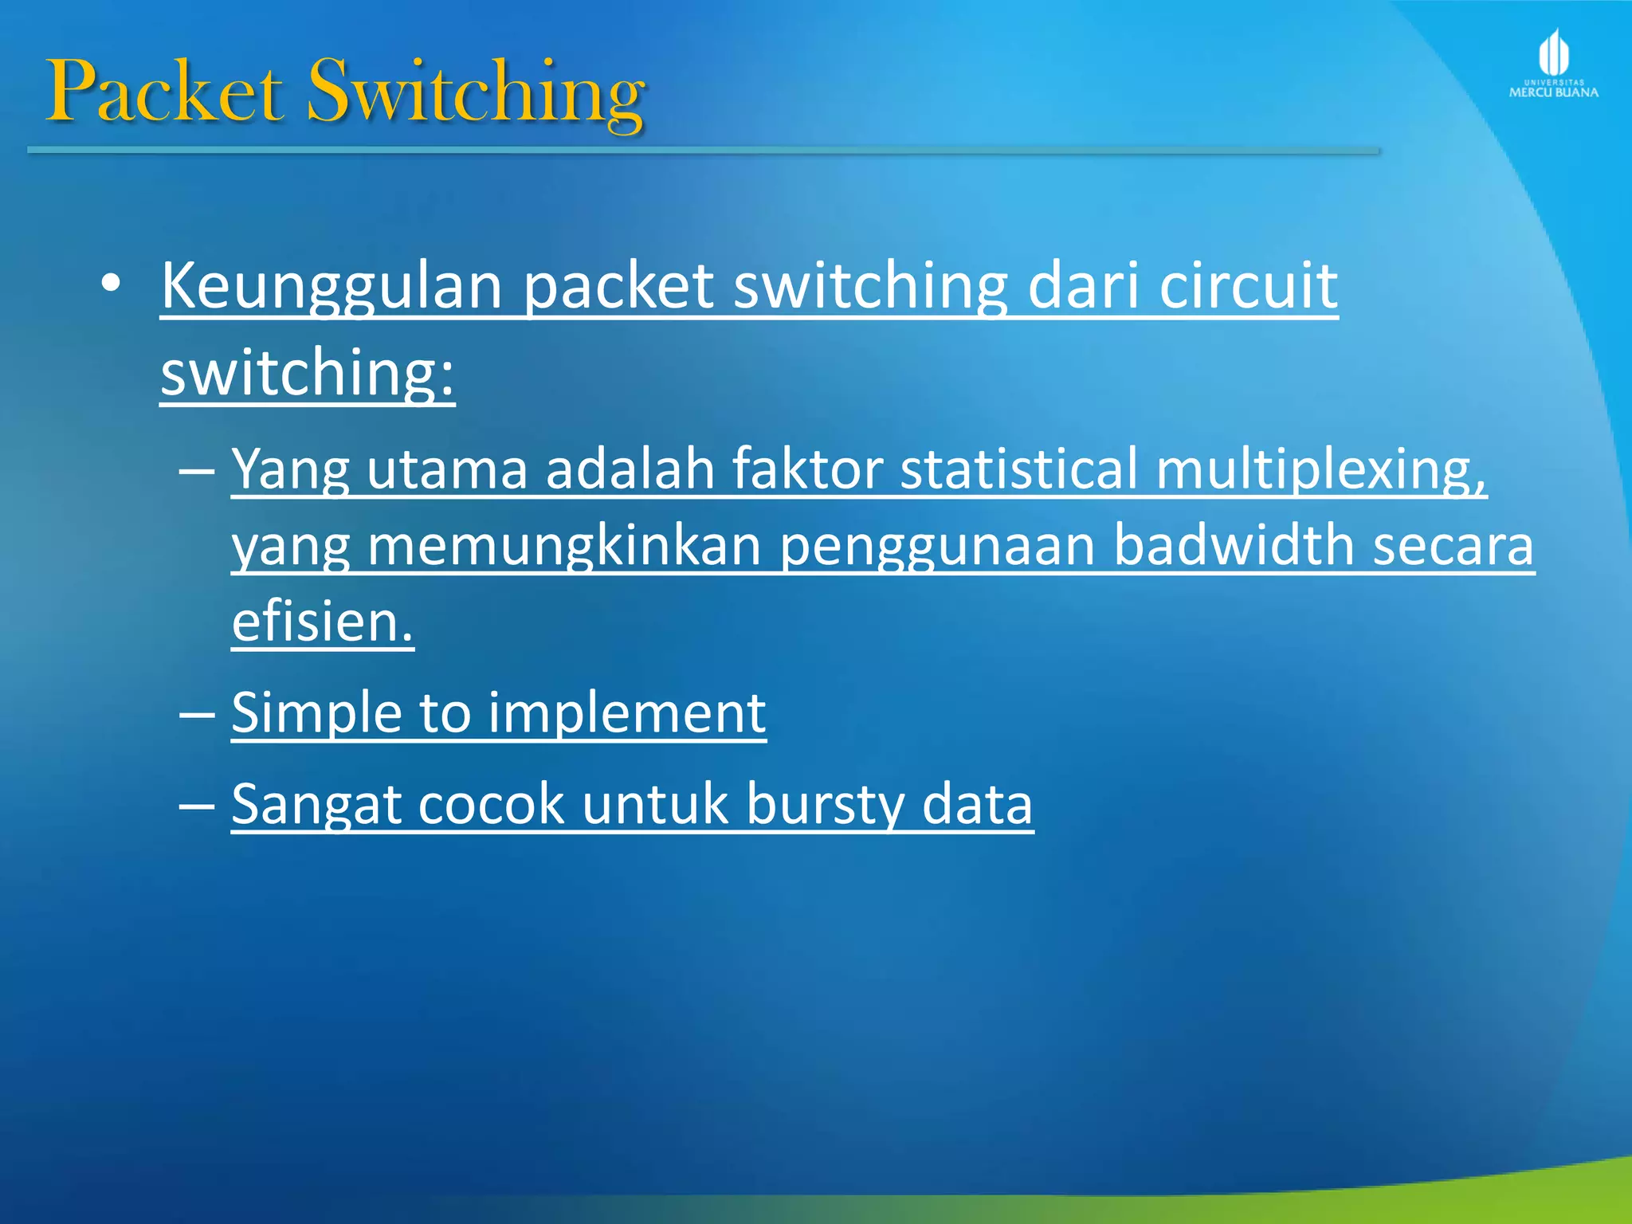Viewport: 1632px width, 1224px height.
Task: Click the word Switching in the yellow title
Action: pos(476,94)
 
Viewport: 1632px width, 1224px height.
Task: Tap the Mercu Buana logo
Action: pos(1553,64)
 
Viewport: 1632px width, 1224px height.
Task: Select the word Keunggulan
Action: pos(331,287)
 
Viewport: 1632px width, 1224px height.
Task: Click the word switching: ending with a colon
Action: pos(308,373)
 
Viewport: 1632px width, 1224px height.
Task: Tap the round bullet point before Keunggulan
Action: pos(111,284)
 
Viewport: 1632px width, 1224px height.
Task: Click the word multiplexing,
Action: pos(1320,469)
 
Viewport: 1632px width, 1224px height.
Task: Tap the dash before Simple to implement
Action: pos(197,712)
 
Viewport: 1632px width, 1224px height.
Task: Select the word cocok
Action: pos(491,804)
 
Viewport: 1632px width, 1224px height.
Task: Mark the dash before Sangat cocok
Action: pos(197,804)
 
